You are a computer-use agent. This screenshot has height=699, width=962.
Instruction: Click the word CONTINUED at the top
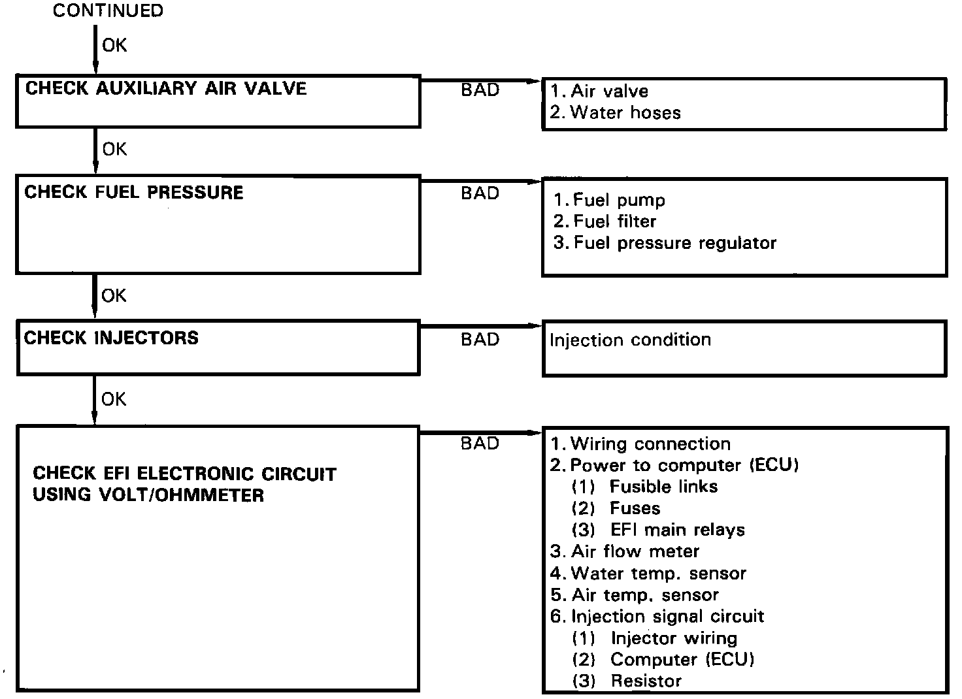(108, 11)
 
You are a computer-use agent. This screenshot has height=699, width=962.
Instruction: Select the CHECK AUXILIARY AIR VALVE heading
(166, 89)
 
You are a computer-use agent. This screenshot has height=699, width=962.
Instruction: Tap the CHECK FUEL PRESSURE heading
(134, 193)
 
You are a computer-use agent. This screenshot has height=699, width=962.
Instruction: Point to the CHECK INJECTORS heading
(111, 338)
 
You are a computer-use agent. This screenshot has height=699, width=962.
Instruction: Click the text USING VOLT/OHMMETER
(148, 495)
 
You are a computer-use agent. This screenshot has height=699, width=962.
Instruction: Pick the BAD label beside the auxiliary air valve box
(480, 90)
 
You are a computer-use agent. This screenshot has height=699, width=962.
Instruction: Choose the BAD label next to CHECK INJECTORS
(480, 340)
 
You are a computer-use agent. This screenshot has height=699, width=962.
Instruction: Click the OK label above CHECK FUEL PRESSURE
(114, 150)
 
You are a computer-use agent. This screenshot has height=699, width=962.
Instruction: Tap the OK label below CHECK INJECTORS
(114, 399)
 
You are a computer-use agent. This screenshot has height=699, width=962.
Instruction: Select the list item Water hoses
(625, 113)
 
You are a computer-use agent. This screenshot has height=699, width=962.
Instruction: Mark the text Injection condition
(630, 340)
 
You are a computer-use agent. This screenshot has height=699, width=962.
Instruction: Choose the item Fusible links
(663, 487)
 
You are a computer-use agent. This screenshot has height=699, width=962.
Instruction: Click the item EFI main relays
(677, 530)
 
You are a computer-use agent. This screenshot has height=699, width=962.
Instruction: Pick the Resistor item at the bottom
(646, 681)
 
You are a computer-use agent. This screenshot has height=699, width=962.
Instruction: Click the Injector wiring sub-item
(673, 638)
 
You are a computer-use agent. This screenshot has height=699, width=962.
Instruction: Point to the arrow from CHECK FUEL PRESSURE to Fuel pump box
(481, 181)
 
